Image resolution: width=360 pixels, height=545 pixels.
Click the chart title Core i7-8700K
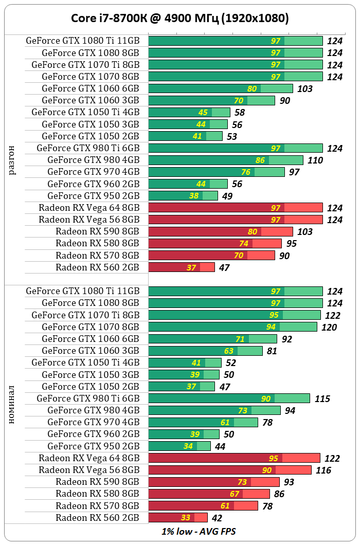point(180,19)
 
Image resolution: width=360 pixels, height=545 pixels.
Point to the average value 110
point(315,160)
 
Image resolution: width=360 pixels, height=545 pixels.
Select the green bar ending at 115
point(229,398)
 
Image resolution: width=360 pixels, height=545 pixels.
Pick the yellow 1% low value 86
point(260,160)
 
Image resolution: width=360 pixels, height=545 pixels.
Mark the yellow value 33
point(186,518)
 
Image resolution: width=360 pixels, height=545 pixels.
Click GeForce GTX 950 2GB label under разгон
point(93,196)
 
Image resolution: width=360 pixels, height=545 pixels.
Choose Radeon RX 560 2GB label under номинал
point(97,517)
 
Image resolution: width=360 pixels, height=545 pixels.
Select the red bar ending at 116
point(230,470)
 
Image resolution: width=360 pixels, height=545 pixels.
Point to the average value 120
point(329,327)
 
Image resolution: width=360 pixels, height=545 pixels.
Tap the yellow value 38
point(194,196)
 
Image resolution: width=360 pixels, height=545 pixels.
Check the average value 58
point(239,113)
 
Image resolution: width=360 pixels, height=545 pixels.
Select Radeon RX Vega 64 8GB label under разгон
point(88,208)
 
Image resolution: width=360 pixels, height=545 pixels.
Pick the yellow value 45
point(203,113)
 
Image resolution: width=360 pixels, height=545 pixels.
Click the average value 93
point(290,482)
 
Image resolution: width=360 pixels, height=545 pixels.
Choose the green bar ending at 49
point(183,195)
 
